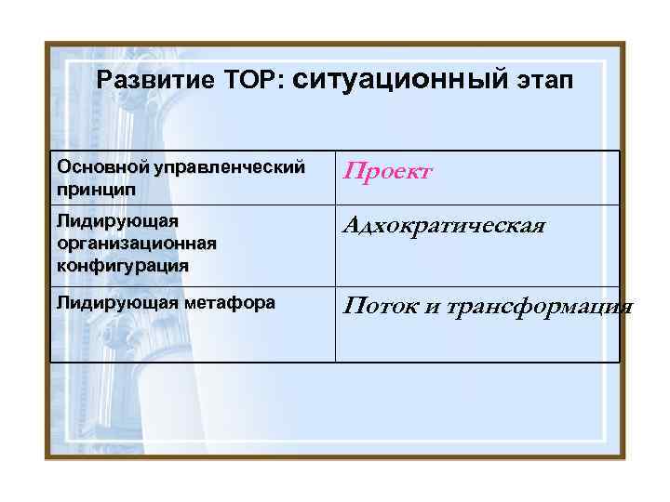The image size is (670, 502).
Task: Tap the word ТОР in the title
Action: pos(246,81)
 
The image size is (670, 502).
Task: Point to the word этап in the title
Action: pos(546,81)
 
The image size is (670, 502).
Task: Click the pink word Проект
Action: pos(388,172)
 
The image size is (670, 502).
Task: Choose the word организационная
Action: pos(137,244)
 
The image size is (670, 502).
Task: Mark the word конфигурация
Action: pos(122,264)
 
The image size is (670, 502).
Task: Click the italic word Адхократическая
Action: pos(444,226)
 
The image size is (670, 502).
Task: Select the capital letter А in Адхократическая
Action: pos(352,226)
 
